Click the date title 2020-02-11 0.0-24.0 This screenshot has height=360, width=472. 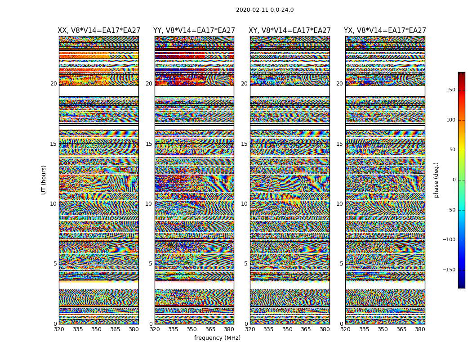click(x=265, y=10)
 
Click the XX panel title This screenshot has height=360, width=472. click(x=99, y=31)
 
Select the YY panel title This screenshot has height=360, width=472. click(x=194, y=31)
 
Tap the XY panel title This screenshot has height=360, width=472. click(x=290, y=31)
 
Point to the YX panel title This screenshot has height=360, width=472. click(x=385, y=31)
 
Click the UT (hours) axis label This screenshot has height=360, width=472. click(x=44, y=180)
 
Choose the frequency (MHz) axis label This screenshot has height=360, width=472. click(x=217, y=338)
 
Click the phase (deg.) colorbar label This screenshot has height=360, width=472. click(x=436, y=180)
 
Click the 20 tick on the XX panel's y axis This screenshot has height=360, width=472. click(x=53, y=84)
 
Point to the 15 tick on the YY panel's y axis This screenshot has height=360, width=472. click(x=149, y=144)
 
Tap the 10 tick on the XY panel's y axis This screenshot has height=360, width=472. click(x=244, y=204)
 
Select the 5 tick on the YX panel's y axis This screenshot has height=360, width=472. click(x=341, y=264)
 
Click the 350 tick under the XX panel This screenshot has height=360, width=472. click(x=97, y=329)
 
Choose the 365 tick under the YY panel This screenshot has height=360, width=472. click(x=210, y=329)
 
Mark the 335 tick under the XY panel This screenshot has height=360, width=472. click(x=269, y=329)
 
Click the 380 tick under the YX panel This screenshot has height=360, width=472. click(x=420, y=329)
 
